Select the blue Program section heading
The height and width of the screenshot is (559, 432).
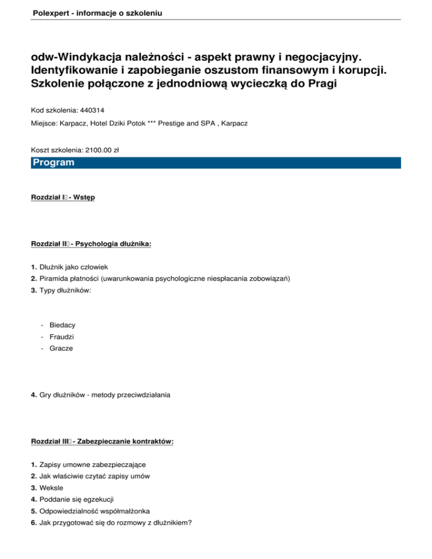pos(53,163)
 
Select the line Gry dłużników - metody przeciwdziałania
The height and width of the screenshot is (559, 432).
pos(105,395)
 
